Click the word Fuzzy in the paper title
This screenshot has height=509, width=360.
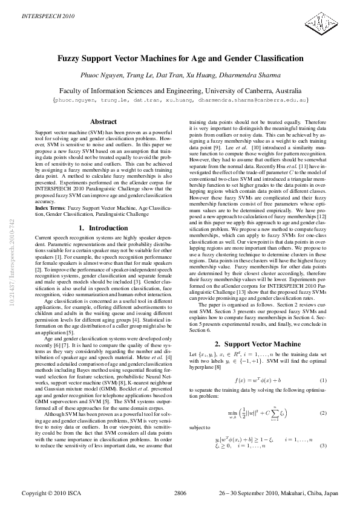point(70,59)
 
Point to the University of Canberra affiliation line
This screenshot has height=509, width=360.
point(180,89)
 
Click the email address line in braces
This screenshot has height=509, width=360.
point(180,99)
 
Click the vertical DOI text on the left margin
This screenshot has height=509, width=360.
point(12,270)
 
